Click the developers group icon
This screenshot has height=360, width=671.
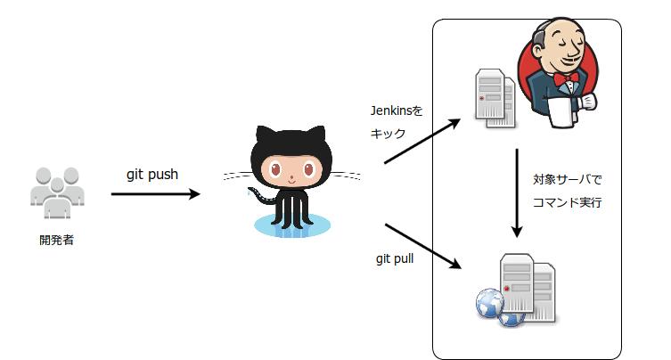pyautogui.click(x=59, y=191)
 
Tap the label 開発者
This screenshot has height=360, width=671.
pyautogui.click(x=57, y=239)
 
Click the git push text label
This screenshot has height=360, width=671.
pyautogui.click(x=151, y=174)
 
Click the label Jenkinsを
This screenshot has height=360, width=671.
pyautogui.click(x=396, y=111)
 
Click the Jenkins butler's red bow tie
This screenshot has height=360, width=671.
pyautogui.click(x=563, y=79)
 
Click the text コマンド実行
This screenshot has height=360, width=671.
pyautogui.click(x=567, y=202)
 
